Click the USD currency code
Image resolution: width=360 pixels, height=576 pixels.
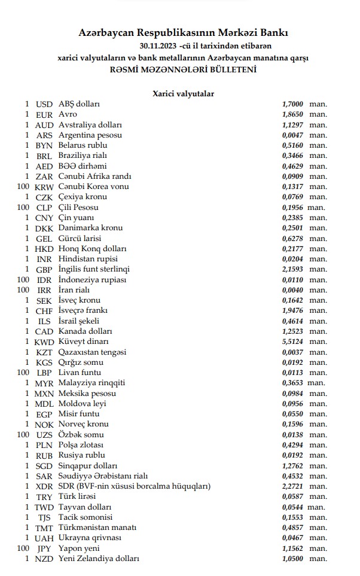click(44, 103)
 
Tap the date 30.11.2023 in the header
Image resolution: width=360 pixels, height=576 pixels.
click(158, 45)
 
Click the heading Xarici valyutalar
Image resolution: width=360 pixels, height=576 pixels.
click(184, 93)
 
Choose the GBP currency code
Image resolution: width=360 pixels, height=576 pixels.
click(44, 269)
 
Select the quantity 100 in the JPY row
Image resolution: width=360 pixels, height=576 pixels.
click(23, 548)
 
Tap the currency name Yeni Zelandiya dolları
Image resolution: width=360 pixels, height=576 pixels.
click(99, 559)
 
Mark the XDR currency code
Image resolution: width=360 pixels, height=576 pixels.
click(44, 486)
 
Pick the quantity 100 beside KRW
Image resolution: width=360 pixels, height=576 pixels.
click(23, 186)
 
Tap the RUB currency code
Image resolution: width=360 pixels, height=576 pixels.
click(44, 455)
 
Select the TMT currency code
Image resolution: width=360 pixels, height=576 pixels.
click(44, 528)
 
